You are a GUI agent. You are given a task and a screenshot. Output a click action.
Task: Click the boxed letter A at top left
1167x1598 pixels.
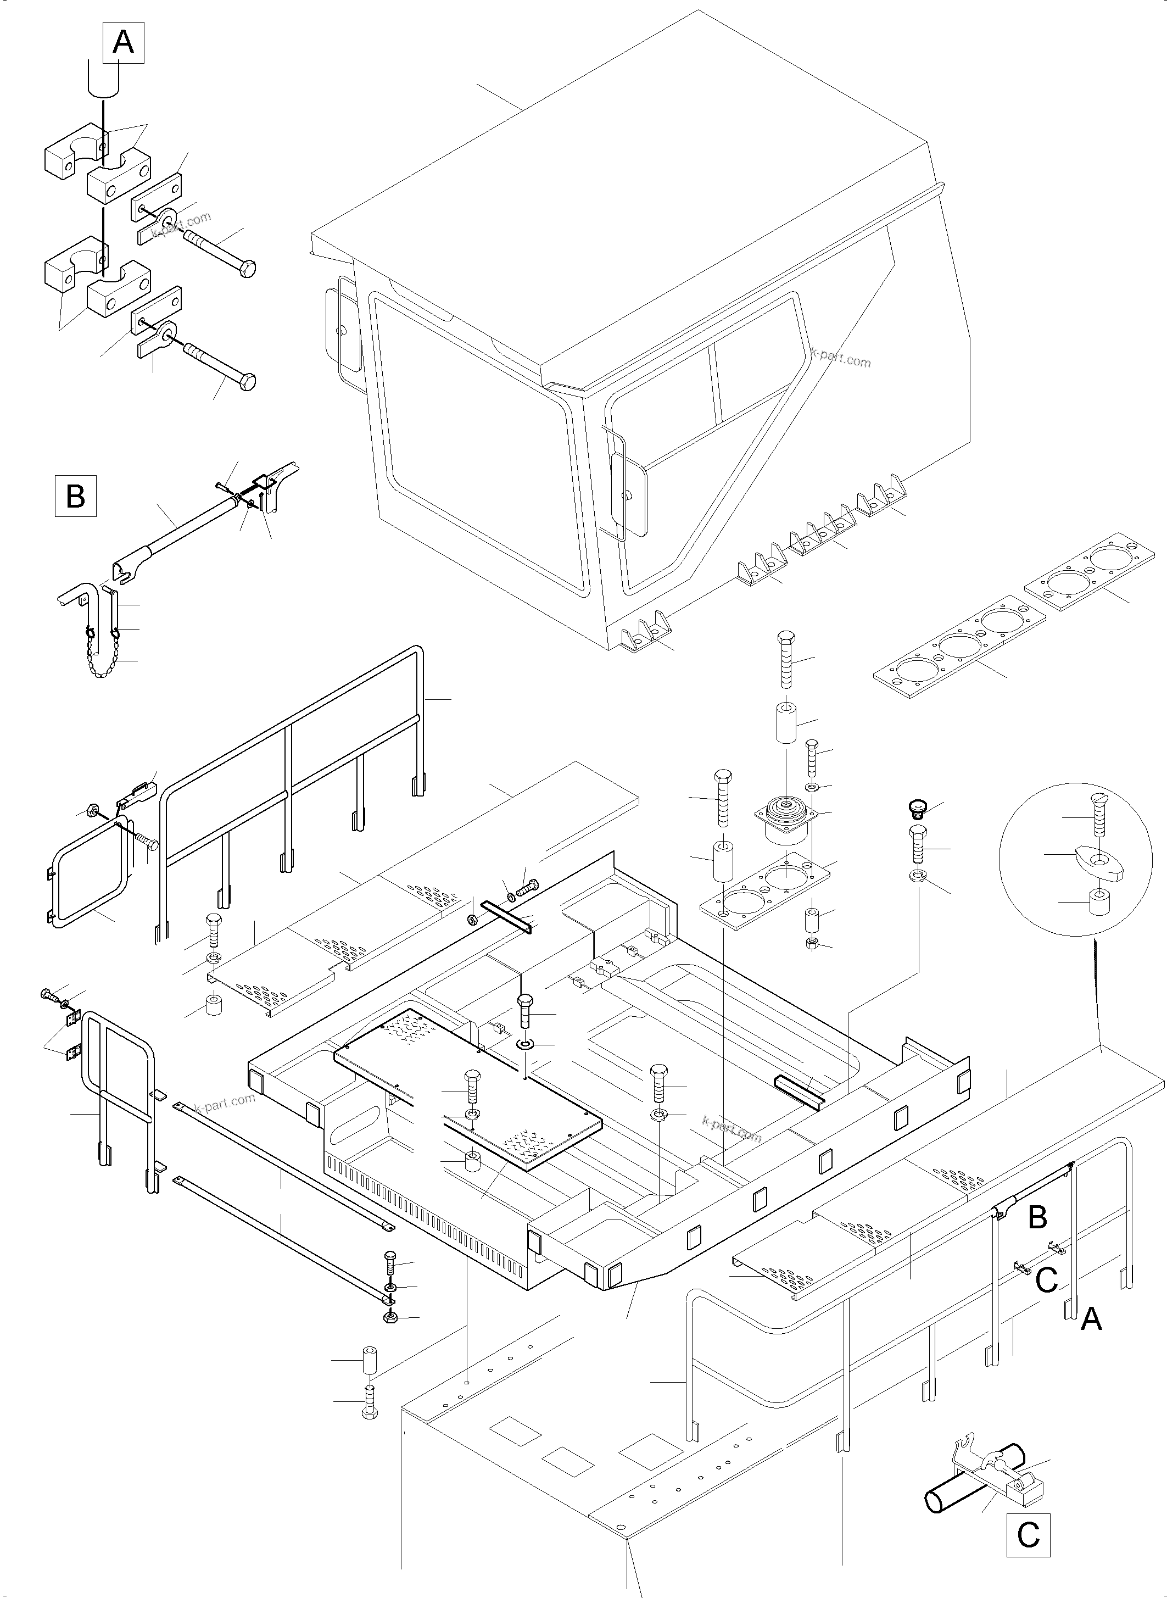pyautogui.click(x=124, y=42)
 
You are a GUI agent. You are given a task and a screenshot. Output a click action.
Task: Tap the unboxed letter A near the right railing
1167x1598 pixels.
pyautogui.click(x=1091, y=1318)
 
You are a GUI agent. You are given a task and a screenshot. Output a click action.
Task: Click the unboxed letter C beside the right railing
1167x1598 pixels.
pyautogui.click(x=1046, y=1279)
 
